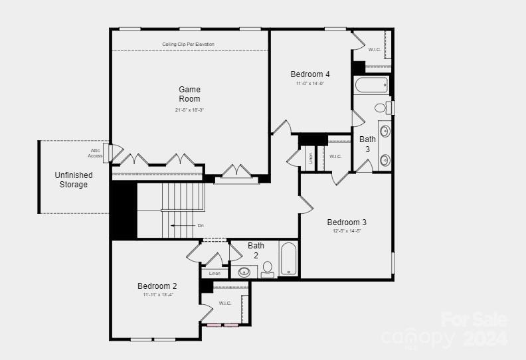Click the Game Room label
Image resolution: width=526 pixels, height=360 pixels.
[189, 94]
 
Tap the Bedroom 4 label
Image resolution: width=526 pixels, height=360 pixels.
[309, 74]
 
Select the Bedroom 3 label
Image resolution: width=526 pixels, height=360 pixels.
[347, 223]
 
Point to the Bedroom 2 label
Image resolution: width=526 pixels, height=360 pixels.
[157, 286]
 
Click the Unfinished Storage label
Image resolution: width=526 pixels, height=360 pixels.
[73, 180]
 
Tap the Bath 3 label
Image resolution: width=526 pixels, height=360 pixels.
[368, 144]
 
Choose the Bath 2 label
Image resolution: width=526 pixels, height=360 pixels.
[256, 250]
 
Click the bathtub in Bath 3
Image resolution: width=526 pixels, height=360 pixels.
[371, 86]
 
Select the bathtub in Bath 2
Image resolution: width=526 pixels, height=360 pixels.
[288, 259]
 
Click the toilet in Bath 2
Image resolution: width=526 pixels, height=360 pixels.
[268, 269]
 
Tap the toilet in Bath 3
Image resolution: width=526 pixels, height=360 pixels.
[381, 107]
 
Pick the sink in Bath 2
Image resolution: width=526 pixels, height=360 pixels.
[244, 272]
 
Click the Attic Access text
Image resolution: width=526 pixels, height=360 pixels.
[96, 153]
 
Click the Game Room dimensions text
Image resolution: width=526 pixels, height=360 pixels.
[189, 110]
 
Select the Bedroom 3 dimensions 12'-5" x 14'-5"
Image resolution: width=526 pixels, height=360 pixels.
[347, 231]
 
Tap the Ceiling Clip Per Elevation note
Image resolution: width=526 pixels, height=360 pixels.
[189, 45]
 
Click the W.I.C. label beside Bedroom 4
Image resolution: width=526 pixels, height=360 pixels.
[375, 49]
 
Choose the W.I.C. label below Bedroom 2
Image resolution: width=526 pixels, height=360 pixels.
[225, 304]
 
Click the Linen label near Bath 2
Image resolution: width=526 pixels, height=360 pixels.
[215, 273]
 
